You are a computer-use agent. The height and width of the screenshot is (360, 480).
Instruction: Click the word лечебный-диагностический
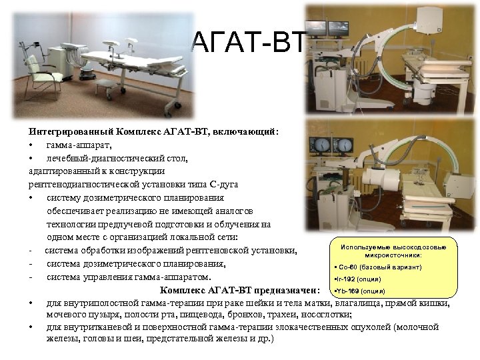coord(99,158)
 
